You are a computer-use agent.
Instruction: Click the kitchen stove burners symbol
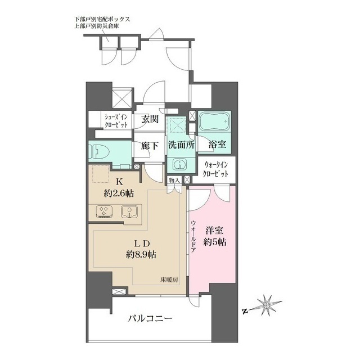104,212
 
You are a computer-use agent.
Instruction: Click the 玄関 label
149,119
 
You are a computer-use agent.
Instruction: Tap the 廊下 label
149,145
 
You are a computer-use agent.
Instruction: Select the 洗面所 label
180,145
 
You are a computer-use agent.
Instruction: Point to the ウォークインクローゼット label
216,170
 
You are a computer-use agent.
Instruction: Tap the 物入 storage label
173,180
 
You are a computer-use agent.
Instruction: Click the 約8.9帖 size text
141,254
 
